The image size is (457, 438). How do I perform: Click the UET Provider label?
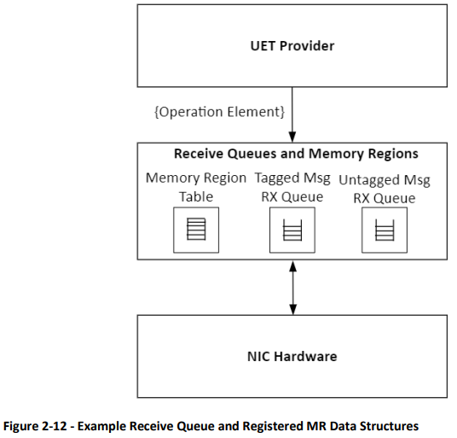click(x=292, y=46)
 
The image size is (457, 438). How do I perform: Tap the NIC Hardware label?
click(x=292, y=356)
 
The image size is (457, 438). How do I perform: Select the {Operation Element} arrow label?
click(x=219, y=112)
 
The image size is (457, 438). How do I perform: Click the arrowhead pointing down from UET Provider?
click(x=292, y=137)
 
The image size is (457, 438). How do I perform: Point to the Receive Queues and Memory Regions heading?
click(x=296, y=154)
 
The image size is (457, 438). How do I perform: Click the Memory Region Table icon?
click(x=196, y=230)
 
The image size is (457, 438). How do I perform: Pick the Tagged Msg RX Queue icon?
click(x=292, y=230)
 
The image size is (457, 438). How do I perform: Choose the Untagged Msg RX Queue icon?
click(x=385, y=230)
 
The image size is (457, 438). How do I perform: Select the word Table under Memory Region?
click(x=196, y=196)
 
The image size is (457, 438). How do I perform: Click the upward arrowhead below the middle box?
click(x=293, y=266)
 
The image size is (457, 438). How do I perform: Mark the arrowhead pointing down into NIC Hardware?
click(x=293, y=309)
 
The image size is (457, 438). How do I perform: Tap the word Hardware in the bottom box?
click(x=305, y=356)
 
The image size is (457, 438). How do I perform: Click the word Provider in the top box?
click(x=307, y=46)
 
